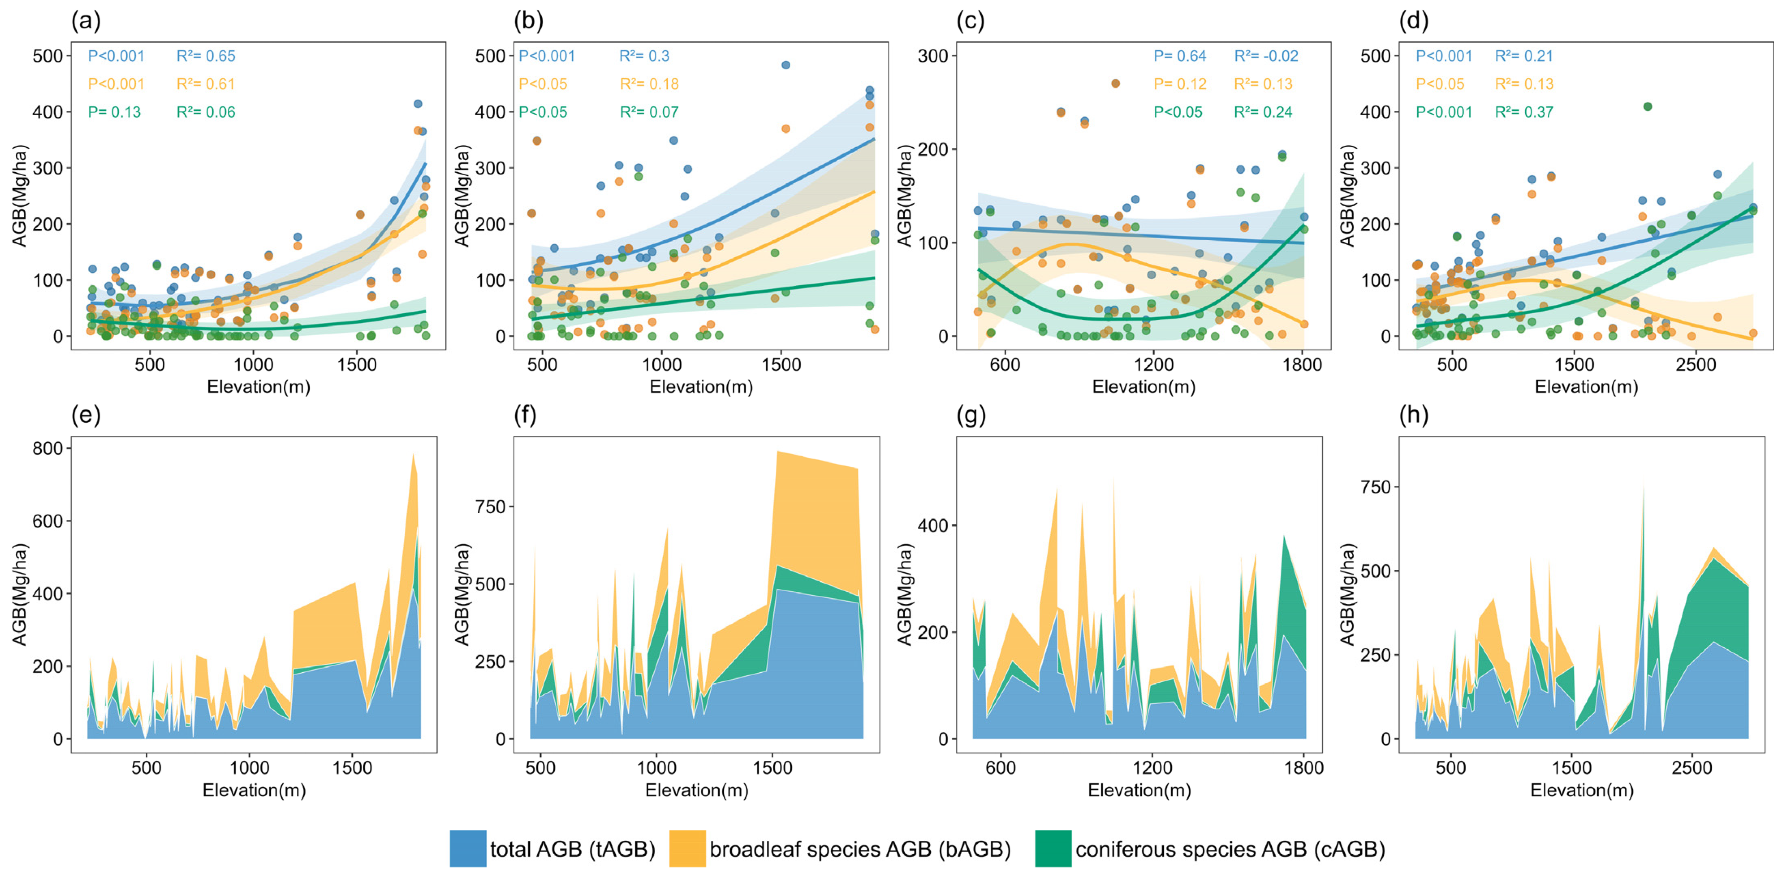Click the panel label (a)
tap(86, 22)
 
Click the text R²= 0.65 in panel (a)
tap(206, 56)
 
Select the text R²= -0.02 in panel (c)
tap(1266, 56)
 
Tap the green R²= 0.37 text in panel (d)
tap(1524, 112)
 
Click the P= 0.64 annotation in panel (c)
tap(1179, 56)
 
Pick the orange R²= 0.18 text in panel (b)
tap(649, 84)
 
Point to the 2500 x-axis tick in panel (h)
tap(1692, 768)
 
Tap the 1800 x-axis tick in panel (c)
tap(1302, 364)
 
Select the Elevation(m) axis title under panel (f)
tap(697, 790)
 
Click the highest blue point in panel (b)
tap(785, 65)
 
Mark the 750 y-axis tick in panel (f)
tap(490, 507)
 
